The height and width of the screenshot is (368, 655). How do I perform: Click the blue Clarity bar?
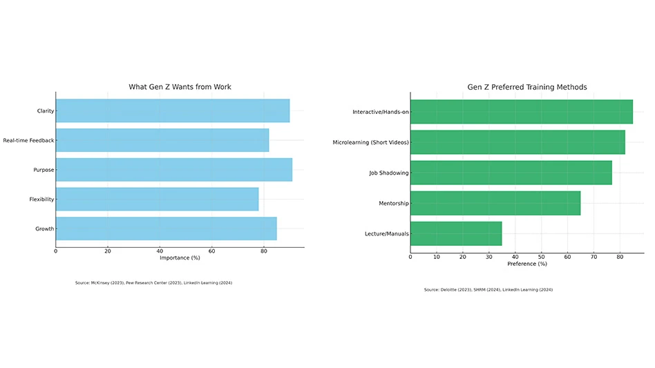point(173,111)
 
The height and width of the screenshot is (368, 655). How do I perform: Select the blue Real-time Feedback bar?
point(162,140)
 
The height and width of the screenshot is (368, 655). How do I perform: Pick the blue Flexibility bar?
point(157,200)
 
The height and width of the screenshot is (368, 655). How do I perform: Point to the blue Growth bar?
point(166,229)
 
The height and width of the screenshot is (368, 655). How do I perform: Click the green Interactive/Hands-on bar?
point(521,112)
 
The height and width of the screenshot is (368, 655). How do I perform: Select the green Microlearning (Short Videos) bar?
point(518,142)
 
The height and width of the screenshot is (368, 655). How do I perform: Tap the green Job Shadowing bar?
point(511,173)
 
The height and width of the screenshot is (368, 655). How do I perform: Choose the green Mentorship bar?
point(495,203)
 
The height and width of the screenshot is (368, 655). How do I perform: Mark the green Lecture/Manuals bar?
point(456,233)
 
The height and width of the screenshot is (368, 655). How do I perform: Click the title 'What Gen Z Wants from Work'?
point(180,87)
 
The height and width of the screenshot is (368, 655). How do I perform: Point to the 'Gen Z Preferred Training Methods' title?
point(527,87)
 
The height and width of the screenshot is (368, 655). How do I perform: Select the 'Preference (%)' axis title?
point(527,264)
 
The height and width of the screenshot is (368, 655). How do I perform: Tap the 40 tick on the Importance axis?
point(160,251)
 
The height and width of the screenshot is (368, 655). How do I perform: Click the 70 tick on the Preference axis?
point(594,256)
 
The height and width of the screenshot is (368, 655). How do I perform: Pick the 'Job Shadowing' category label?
point(388,173)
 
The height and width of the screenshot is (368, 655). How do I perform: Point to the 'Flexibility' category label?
point(41,200)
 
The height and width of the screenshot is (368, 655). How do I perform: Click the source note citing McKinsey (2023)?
point(153,283)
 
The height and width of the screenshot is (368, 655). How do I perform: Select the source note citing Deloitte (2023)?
point(488,289)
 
